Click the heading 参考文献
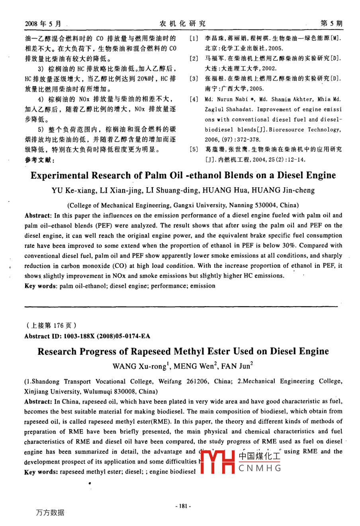39,160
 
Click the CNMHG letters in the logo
260,468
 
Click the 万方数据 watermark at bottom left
50,513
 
